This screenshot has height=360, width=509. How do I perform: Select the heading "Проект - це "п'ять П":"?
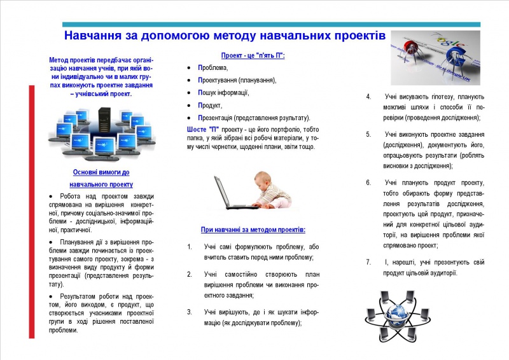(253, 56)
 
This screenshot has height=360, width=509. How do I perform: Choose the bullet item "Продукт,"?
(210, 106)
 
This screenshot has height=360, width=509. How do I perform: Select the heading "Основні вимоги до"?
(101, 172)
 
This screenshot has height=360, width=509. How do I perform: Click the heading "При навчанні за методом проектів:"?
(253, 229)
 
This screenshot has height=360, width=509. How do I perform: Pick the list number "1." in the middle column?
(189, 247)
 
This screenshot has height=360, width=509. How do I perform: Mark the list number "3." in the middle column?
(189, 312)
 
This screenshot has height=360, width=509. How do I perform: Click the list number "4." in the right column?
(368, 97)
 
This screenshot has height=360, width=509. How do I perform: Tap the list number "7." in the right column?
(368, 262)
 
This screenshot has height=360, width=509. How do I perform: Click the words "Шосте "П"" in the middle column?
(203, 129)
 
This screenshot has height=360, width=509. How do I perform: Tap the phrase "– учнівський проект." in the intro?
(101, 93)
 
